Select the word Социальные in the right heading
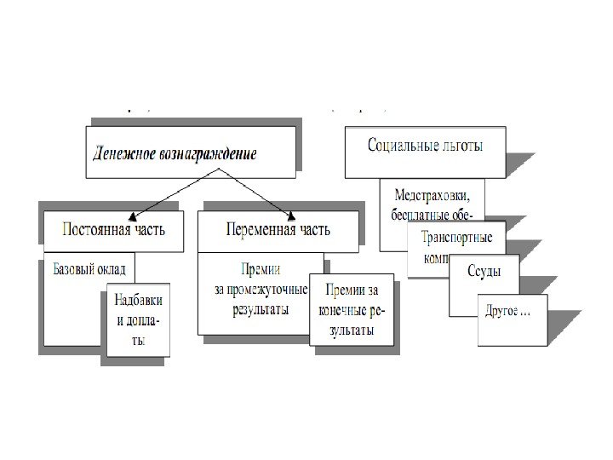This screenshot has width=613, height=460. (x=398, y=147)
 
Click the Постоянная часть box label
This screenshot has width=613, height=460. (x=115, y=229)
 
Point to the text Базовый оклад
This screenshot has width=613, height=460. (x=89, y=269)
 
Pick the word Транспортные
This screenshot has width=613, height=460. (x=456, y=239)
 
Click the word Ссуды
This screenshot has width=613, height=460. (x=483, y=271)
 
